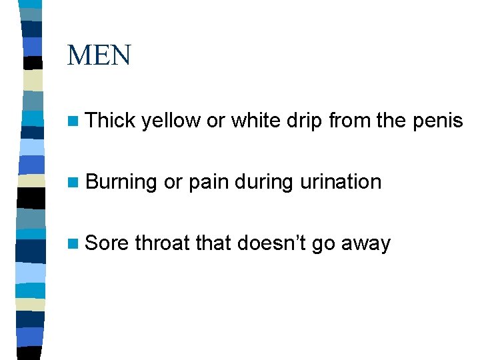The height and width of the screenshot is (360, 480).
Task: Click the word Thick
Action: tap(111, 120)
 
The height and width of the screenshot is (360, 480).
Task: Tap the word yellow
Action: tap(171, 121)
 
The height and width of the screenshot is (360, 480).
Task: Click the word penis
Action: tap(438, 121)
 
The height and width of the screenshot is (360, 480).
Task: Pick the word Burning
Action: tap(121, 182)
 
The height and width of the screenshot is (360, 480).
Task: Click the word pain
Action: tap(209, 182)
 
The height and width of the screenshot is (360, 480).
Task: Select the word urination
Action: tap(341, 181)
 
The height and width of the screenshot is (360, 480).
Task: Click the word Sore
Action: tap(107, 243)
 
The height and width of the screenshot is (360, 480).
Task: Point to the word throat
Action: tap(162, 243)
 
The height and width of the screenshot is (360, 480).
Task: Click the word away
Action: tap(365, 244)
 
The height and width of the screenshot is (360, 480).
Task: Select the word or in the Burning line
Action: tap(173, 182)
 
